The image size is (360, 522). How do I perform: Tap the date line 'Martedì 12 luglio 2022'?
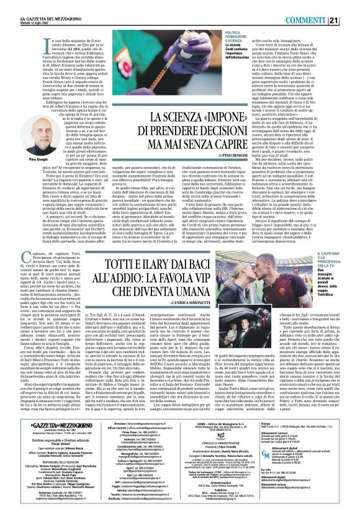tap(24, 9)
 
